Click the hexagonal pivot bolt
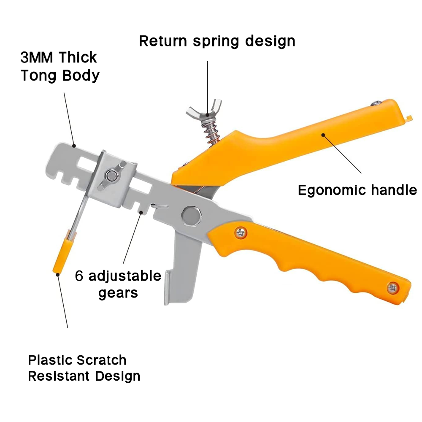[191, 216]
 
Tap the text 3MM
[38, 57]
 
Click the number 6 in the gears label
[79, 276]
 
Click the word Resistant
[60, 376]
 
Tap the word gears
[118, 292]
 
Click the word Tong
[39, 76]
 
